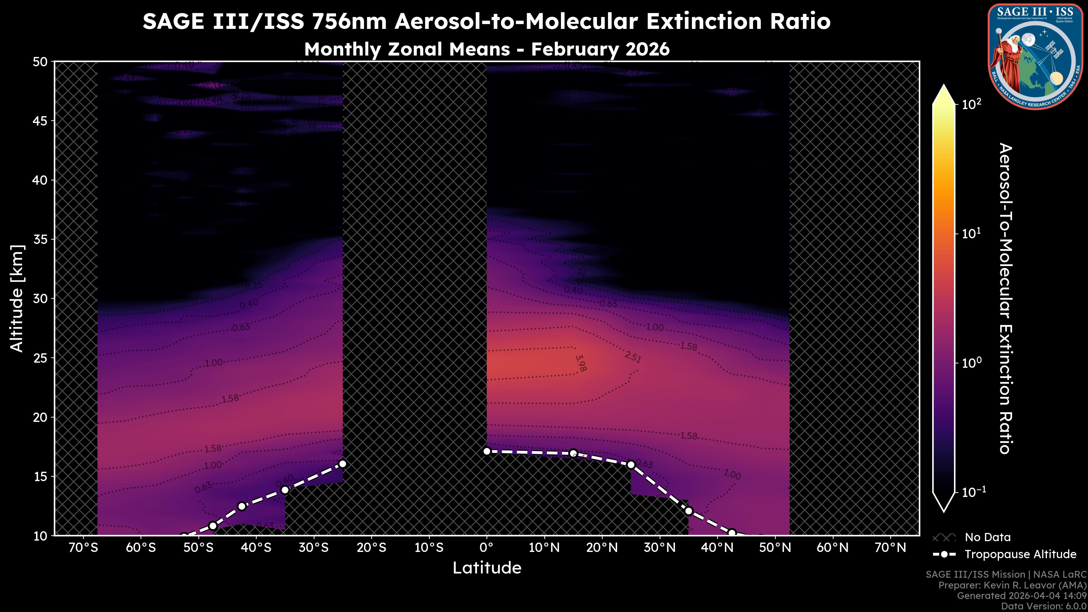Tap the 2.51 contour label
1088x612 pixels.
coord(633,357)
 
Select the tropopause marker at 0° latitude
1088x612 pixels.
coord(486,451)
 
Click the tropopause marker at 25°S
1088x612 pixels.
coord(343,464)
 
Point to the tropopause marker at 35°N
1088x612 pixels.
coord(688,511)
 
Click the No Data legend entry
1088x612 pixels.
coord(987,537)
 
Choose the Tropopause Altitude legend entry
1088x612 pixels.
coord(1020,554)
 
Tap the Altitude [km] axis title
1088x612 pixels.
coord(17,298)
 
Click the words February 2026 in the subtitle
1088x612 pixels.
coord(600,49)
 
